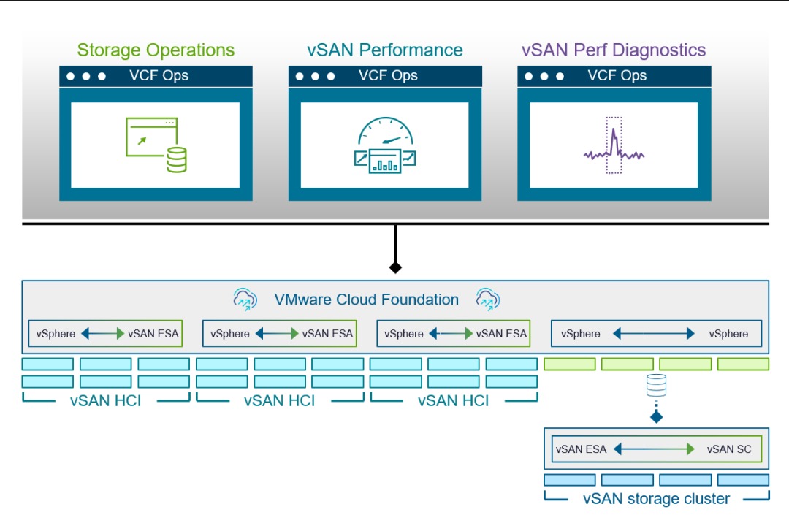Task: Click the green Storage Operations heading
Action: pos(156,50)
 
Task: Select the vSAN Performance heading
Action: pos(385,50)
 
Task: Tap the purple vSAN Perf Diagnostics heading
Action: pos(614,50)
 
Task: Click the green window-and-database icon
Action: pos(156,145)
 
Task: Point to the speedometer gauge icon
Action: pos(385,145)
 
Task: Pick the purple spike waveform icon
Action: pos(614,145)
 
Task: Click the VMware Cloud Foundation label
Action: pos(366,300)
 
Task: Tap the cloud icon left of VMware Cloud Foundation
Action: pos(245,299)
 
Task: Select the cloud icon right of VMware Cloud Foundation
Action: pos(487,299)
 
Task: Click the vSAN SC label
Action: pos(728,449)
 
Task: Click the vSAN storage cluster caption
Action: pos(656,499)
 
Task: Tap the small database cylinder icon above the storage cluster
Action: pos(656,385)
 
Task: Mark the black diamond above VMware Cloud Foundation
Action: pos(395,267)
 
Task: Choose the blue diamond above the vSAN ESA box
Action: pos(656,417)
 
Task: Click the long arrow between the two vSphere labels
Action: pos(654,334)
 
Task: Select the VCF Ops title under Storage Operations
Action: pos(159,75)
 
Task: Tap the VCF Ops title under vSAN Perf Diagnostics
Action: pos(617,75)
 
